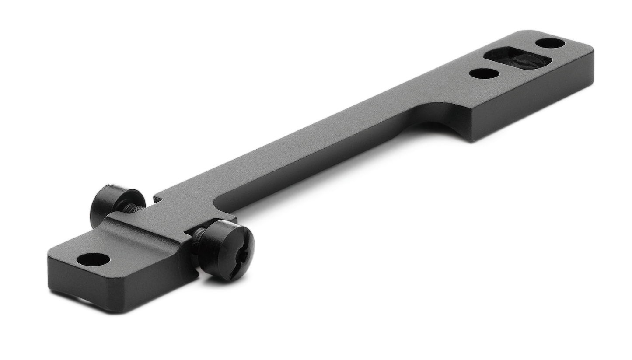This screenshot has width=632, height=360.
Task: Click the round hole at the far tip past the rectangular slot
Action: (550, 43)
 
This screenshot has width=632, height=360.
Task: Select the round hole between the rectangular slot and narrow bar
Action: (484, 73)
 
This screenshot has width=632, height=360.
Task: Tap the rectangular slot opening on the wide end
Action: (517, 59)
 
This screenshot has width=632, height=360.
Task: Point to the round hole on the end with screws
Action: (93, 259)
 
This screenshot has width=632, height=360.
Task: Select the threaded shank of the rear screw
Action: (133, 207)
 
